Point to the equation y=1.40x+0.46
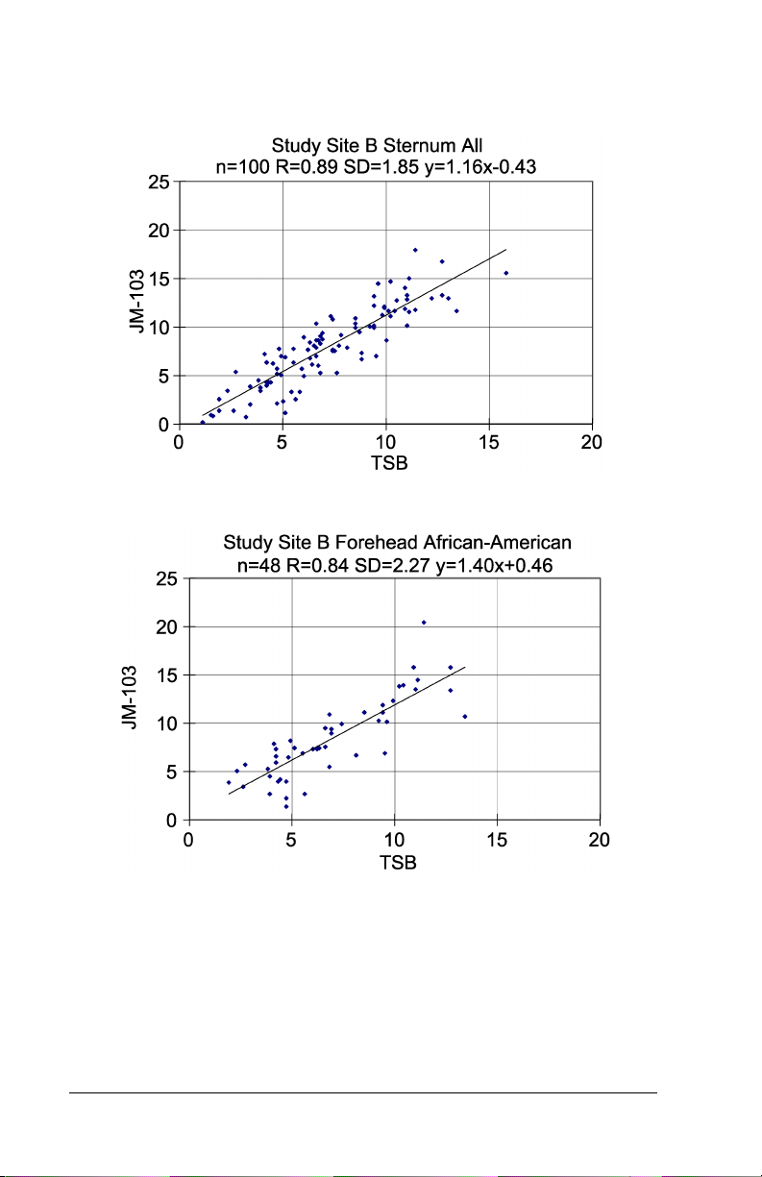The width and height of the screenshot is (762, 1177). point(494,562)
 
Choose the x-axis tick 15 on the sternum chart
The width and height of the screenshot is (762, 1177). point(489,442)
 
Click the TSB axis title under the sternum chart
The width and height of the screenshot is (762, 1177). point(385,463)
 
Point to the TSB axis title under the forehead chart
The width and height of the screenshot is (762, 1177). point(395,861)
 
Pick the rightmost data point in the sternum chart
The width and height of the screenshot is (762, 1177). point(505,273)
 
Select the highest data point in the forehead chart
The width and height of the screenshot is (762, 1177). point(424,623)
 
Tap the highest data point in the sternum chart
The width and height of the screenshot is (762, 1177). point(415,250)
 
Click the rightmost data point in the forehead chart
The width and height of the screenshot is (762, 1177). point(465,717)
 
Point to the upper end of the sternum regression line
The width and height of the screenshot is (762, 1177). point(505,250)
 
